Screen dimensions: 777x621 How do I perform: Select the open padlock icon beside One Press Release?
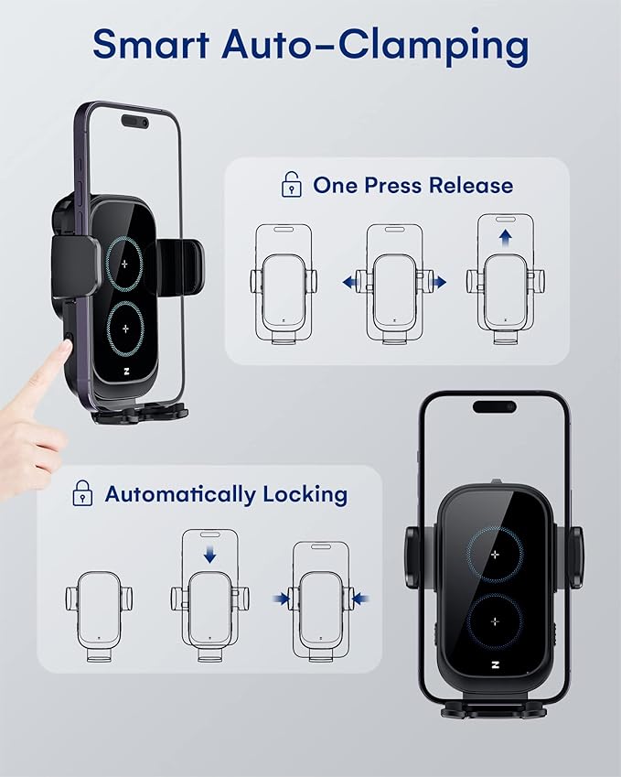pos(292,186)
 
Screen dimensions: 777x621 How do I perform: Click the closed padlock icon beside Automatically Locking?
pos(83,494)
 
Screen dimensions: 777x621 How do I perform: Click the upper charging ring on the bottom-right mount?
pos(495,557)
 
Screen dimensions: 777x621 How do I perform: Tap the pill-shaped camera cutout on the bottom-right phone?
pos(494,405)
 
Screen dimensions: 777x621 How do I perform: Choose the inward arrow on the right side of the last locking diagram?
pos(359,599)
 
